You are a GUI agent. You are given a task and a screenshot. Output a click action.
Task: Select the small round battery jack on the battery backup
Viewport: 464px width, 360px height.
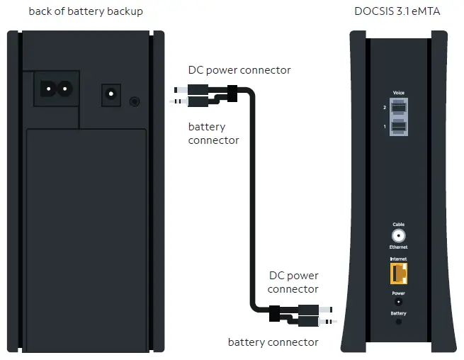click(x=135, y=101)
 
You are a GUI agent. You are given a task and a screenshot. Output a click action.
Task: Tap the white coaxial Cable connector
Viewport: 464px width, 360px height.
click(x=398, y=237)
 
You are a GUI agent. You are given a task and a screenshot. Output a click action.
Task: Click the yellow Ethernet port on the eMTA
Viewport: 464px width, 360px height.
click(x=398, y=272)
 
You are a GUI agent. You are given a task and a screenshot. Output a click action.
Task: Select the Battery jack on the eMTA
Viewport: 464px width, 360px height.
click(x=398, y=322)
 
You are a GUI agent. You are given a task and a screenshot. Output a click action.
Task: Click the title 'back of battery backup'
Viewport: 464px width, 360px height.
click(x=86, y=11)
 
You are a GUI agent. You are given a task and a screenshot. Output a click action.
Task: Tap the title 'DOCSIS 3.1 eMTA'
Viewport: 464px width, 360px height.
click(x=397, y=11)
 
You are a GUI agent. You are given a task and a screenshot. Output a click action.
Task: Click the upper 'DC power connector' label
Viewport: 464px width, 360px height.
click(x=239, y=70)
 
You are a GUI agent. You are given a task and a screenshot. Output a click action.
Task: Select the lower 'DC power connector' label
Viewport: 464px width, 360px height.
click(x=293, y=282)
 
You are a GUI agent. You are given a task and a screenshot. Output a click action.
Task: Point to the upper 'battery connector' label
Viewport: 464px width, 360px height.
click(x=213, y=133)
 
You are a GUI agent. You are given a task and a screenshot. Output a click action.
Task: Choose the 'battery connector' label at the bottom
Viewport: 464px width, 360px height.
click(x=273, y=342)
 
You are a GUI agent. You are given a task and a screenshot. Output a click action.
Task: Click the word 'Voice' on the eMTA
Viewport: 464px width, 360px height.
click(x=398, y=93)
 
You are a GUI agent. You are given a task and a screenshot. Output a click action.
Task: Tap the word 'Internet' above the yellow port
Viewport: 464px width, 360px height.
click(x=398, y=260)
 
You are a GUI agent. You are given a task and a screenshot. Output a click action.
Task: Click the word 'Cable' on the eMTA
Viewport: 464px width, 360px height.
click(x=398, y=224)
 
